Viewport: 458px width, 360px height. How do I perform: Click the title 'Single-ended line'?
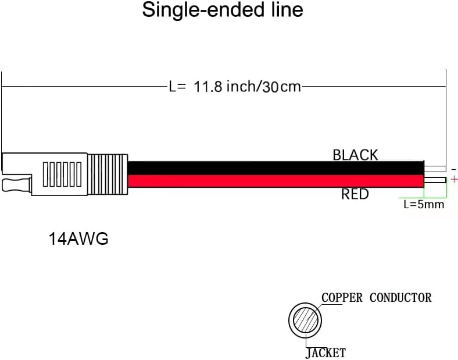pos(223,10)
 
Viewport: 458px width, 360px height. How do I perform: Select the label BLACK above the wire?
pos(355,155)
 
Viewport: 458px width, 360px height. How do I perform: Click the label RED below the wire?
pos(355,194)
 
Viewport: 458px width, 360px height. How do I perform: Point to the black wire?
pos(273,167)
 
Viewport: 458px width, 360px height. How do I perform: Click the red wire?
pos(273,181)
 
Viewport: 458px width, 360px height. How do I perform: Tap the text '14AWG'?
pos(78,239)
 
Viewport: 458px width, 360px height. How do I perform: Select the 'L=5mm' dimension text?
pos(424,204)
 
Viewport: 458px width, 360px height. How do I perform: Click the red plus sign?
pos(454,180)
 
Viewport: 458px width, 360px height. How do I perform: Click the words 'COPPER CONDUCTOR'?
pos(377,298)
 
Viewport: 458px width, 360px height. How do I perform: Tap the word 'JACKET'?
pos(325,353)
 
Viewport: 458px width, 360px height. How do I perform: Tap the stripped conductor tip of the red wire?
pos(435,181)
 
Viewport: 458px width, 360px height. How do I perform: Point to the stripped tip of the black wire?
pos(434,168)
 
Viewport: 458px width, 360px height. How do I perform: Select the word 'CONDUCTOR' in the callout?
pos(400,298)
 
